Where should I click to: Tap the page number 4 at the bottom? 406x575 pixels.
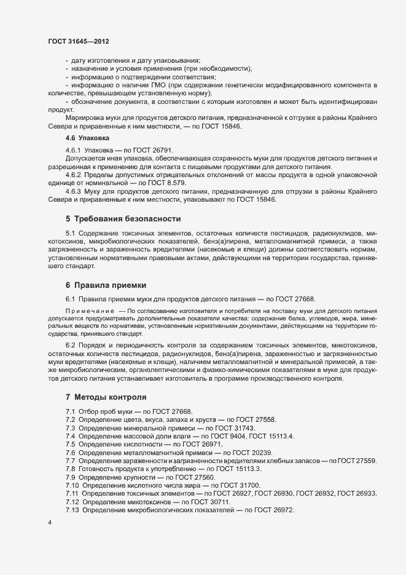click(50, 523)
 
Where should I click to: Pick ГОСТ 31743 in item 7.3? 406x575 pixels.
click(234, 427)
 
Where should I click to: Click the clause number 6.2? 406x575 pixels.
click(71, 345)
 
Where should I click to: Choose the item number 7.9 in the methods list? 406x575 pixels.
click(71, 477)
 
